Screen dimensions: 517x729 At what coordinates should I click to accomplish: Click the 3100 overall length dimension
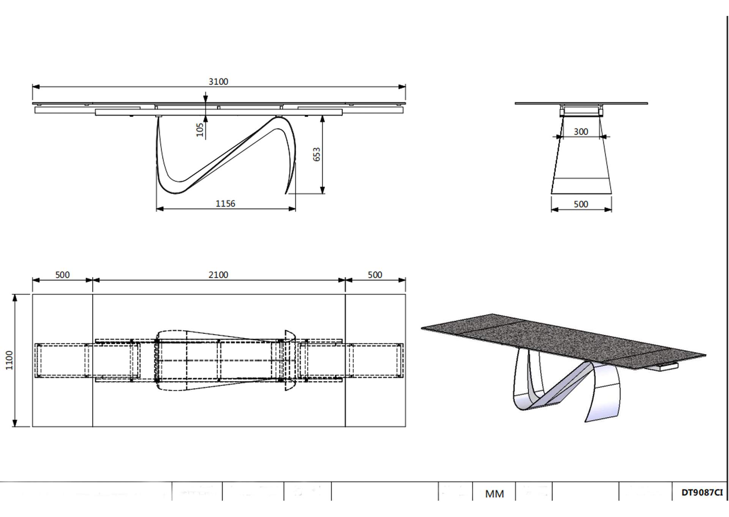[x=218, y=81]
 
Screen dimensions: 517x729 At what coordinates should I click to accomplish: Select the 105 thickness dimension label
[x=200, y=130]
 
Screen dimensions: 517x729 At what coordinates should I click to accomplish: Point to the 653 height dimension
[x=317, y=155]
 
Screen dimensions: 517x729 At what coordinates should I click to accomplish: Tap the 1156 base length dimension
[x=225, y=204]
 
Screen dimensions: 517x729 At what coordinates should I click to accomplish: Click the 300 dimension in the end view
[x=581, y=131]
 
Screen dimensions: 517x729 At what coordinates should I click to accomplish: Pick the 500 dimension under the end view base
[x=581, y=204]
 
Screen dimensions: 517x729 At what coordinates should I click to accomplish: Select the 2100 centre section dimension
[x=218, y=275]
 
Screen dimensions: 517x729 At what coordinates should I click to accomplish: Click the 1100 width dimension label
[x=9, y=360]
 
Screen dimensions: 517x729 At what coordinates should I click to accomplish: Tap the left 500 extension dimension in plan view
[x=62, y=275]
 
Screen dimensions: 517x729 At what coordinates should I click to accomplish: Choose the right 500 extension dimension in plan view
[x=375, y=275]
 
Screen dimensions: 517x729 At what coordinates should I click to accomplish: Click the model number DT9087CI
[x=702, y=493]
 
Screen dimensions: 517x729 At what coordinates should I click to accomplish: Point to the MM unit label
[x=494, y=494]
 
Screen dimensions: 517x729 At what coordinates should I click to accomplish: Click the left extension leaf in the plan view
[x=62, y=399]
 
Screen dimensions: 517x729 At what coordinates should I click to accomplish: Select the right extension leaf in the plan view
[x=375, y=399]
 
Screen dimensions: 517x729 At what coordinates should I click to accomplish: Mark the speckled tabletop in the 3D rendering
[x=562, y=338]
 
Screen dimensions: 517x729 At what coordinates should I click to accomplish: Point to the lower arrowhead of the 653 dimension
[x=322, y=191]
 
